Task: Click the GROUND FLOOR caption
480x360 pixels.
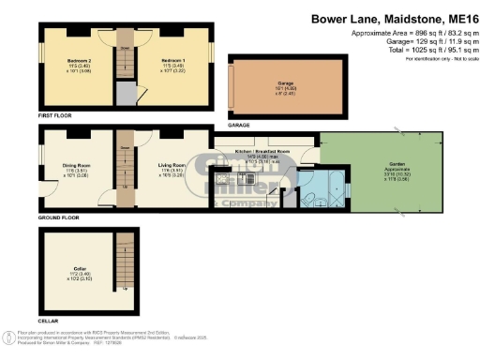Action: tap(58, 217)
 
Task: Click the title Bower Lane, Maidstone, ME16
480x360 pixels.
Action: tap(398, 20)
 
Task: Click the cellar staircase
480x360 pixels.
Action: tap(118, 263)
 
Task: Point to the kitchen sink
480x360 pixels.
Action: tap(224, 177)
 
